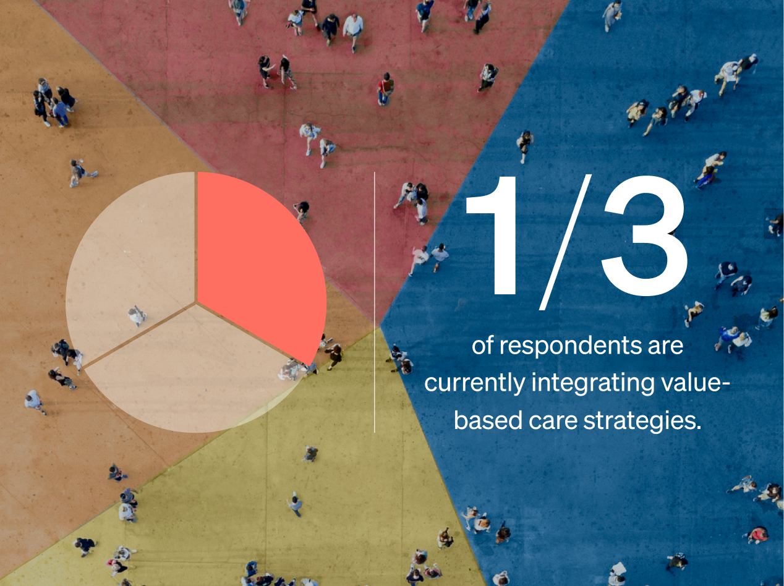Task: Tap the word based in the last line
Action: pyautogui.click(x=488, y=420)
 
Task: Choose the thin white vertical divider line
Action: pyautogui.click(x=374, y=302)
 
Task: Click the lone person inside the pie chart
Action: pyautogui.click(x=137, y=316)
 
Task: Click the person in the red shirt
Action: pyautogui.click(x=385, y=89)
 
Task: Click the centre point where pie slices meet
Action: pyautogui.click(x=196, y=304)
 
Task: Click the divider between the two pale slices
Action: pyautogui.click(x=139, y=336)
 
